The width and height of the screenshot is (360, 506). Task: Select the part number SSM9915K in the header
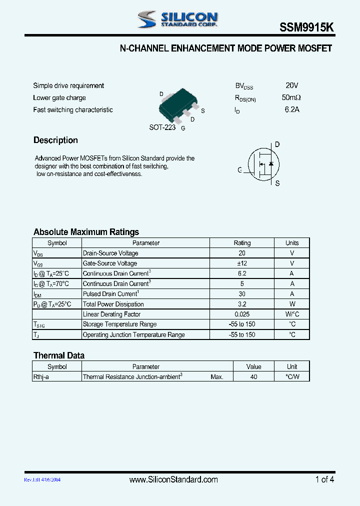(x=306, y=28)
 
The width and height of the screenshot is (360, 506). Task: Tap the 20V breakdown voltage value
(x=292, y=85)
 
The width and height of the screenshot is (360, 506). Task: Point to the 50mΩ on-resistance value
(x=291, y=97)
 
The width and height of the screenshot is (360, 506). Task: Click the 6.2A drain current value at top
(x=291, y=109)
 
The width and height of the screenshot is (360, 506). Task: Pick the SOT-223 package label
(x=162, y=127)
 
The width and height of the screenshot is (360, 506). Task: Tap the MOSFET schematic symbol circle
(x=264, y=164)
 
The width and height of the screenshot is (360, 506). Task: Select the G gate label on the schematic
(x=240, y=170)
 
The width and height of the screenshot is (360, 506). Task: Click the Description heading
(x=55, y=140)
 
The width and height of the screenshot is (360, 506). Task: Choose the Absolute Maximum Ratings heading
(x=86, y=232)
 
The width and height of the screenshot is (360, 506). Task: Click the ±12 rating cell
(x=242, y=263)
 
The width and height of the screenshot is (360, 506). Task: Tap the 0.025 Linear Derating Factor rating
(x=242, y=314)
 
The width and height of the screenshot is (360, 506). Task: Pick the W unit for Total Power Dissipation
(x=292, y=304)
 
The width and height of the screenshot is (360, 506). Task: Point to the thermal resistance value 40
(x=253, y=377)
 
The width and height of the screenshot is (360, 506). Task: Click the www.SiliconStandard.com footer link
(x=173, y=479)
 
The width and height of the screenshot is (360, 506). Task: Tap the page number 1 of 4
(x=324, y=479)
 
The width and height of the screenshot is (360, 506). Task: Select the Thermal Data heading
(x=59, y=355)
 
